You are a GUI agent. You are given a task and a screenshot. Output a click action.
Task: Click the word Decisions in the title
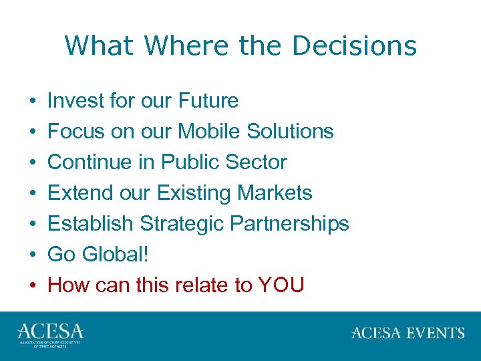coord(354,46)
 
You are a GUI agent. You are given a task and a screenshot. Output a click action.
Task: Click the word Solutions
coord(290,131)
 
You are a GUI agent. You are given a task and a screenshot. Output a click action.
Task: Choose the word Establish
coord(90,223)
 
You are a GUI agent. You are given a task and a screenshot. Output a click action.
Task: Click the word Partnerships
coord(289,223)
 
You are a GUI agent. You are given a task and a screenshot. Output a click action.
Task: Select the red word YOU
coord(281,285)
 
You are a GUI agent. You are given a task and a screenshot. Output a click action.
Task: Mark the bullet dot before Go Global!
coord(33,255)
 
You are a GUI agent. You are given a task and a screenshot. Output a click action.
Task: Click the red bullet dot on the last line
coord(33,285)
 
